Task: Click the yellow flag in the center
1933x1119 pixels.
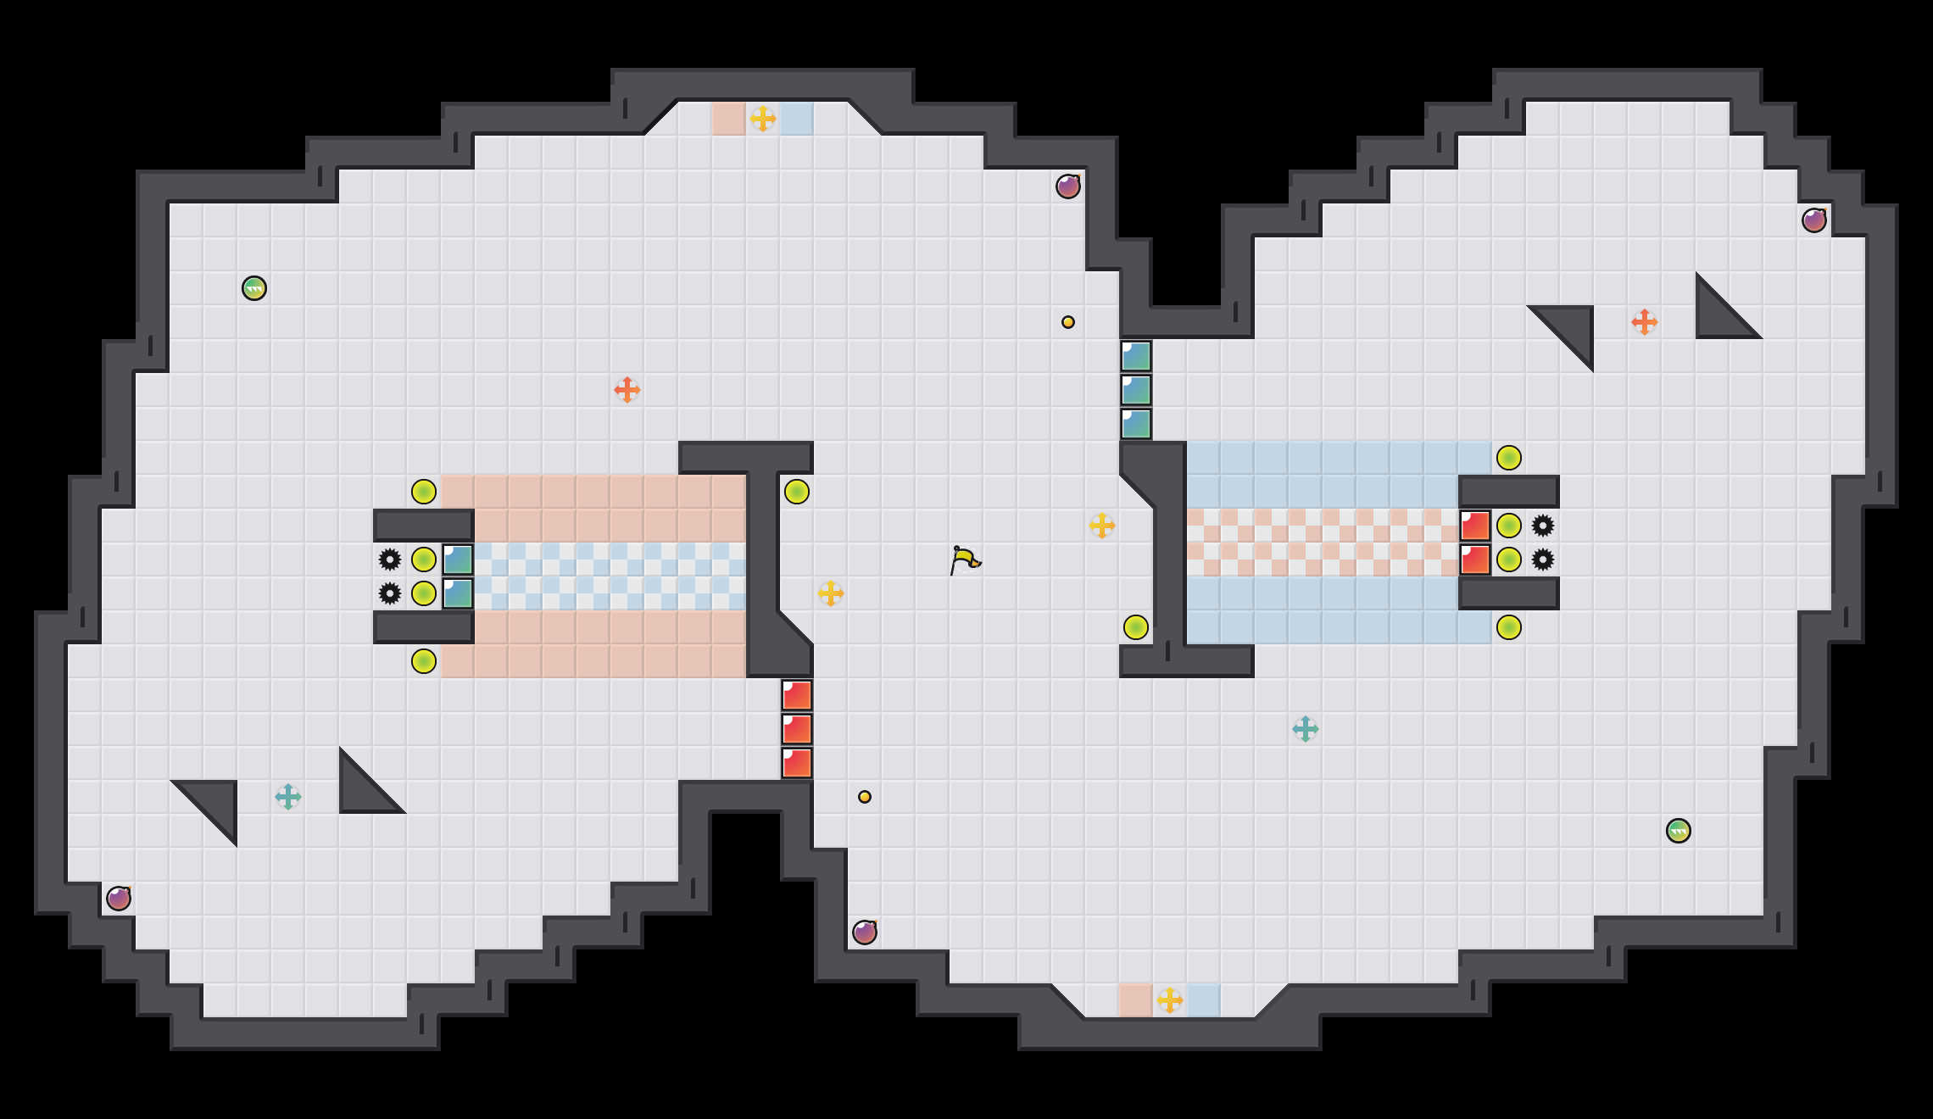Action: coord(964,559)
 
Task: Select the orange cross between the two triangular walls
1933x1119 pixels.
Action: coord(1644,322)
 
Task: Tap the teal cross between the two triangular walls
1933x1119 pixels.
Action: coord(287,797)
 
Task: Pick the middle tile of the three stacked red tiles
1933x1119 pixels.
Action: coord(797,729)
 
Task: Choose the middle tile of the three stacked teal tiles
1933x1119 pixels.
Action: coord(1136,390)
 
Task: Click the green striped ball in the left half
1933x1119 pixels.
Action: coord(254,288)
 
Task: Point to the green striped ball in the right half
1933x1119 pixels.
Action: coord(1678,831)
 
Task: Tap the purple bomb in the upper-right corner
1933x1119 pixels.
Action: coord(1813,220)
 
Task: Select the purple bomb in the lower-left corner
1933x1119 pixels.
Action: coord(119,898)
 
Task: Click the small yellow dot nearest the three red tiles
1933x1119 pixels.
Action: coord(864,797)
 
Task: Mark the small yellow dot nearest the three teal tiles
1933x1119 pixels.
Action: coord(1067,322)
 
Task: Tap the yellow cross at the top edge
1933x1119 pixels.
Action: coord(762,119)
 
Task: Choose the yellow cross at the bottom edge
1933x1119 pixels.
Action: coord(1169,1000)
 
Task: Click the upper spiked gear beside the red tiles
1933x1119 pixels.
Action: coord(1542,526)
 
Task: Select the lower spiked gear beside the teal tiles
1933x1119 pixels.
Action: coord(390,593)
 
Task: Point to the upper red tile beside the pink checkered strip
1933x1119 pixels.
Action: coord(1475,526)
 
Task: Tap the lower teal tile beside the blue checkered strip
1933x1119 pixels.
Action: coord(458,593)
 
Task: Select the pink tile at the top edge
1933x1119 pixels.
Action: coord(728,119)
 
